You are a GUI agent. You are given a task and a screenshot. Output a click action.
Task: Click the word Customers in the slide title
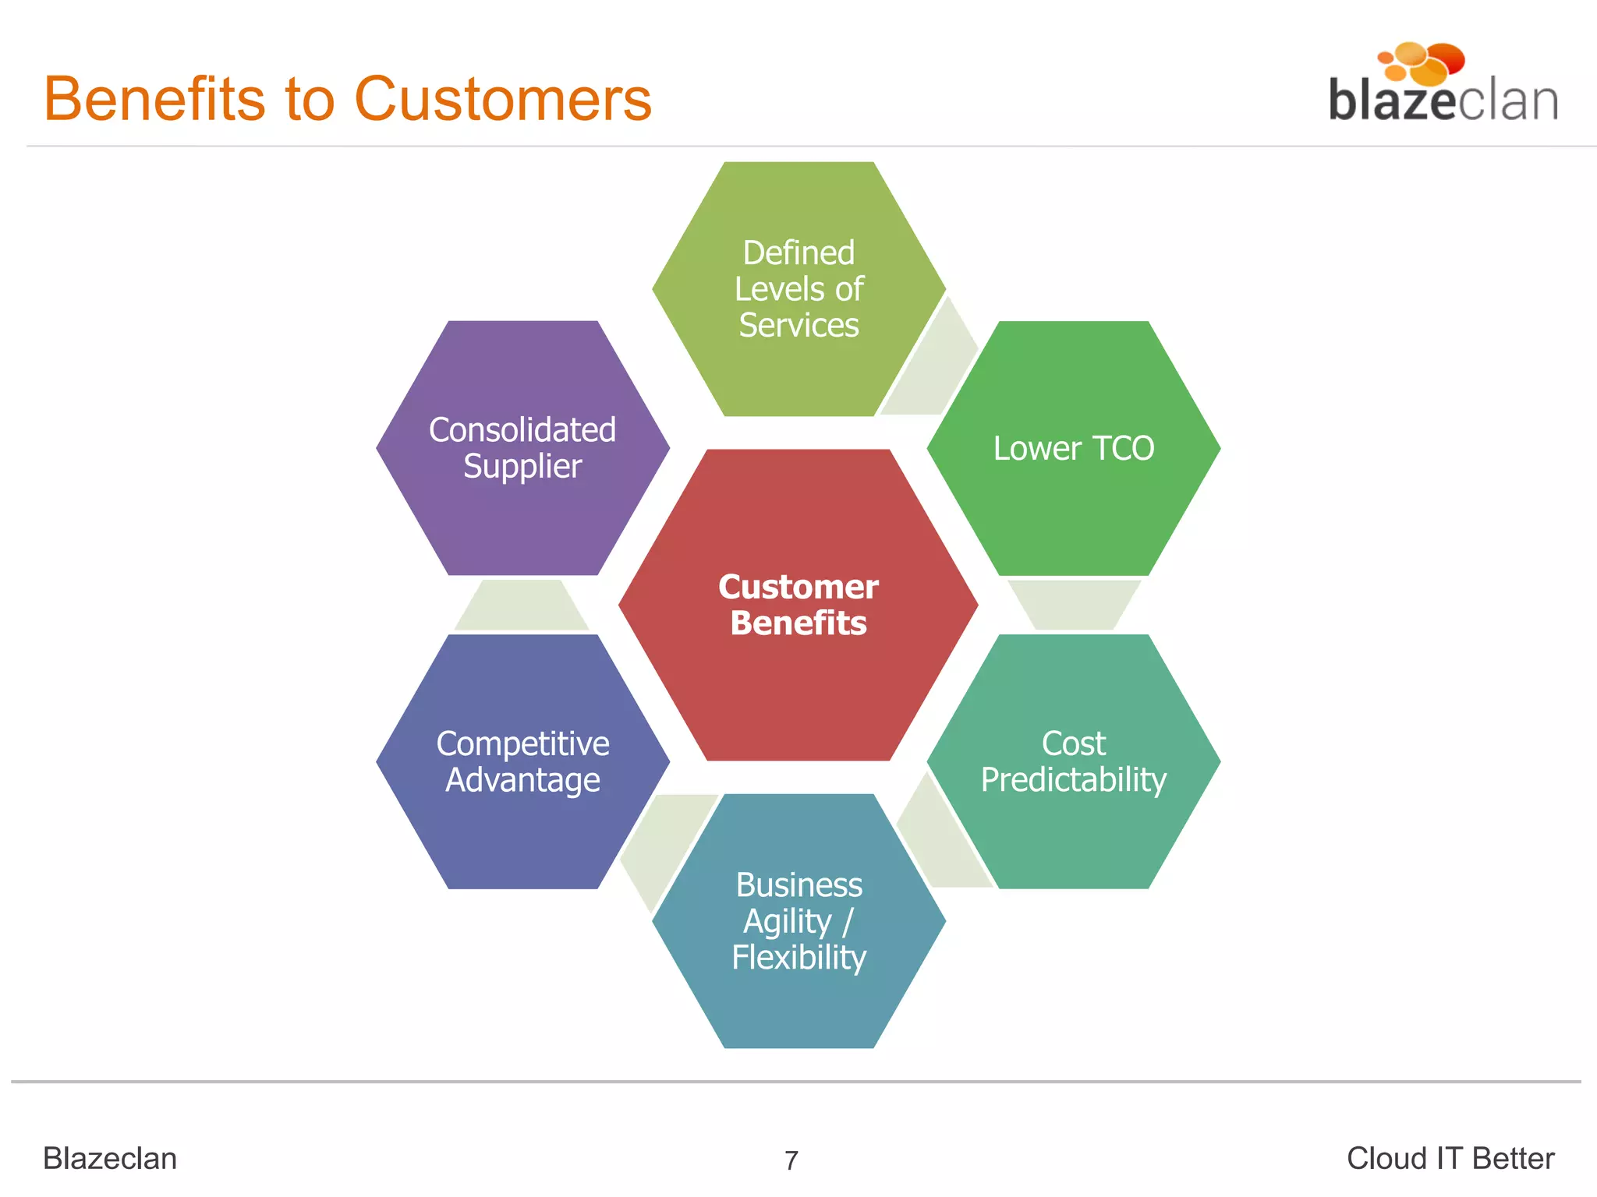click(503, 99)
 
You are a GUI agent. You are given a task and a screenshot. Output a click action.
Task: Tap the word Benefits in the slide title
click(154, 99)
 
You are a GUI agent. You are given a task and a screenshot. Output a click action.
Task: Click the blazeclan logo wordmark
click(1443, 101)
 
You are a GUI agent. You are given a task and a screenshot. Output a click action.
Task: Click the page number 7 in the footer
click(791, 1160)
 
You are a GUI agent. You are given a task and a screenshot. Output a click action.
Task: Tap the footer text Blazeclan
click(110, 1159)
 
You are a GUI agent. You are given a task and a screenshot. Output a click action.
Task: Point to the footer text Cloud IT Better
click(1450, 1159)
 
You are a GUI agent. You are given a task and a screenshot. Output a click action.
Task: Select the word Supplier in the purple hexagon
click(522, 467)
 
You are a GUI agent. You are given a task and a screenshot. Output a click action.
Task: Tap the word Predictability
click(1073, 780)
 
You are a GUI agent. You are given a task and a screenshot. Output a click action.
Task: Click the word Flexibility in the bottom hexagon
click(798, 958)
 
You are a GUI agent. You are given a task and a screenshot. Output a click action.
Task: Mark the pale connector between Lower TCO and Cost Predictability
click(1073, 605)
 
